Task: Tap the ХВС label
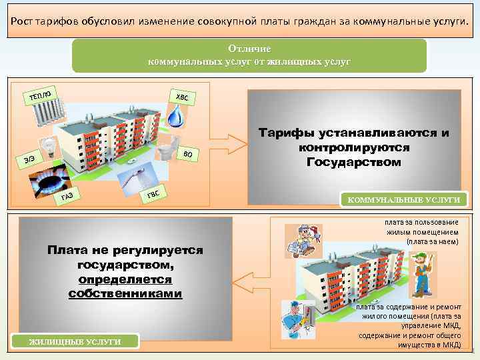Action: pos(182,97)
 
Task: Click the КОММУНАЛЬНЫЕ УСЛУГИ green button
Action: pos(401,199)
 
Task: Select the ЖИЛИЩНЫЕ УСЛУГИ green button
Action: pos(74,341)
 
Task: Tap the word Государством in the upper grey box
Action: pos(354,162)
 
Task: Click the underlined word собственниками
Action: pos(125,293)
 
